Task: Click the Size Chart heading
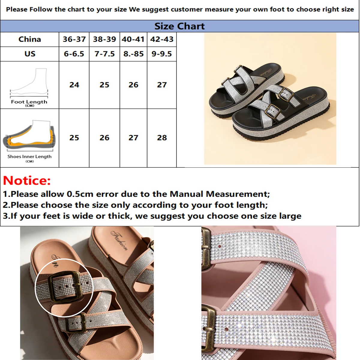click(x=179, y=26)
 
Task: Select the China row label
click(x=30, y=39)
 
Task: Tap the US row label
click(x=30, y=54)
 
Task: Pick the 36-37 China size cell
click(x=74, y=39)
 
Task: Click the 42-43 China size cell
click(x=162, y=39)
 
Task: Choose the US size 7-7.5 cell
click(x=104, y=54)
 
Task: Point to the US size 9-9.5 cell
click(x=162, y=54)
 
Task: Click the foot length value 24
click(x=74, y=85)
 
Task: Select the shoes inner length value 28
click(x=162, y=138)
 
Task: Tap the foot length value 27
click(x=162, y=85)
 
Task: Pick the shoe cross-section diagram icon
click(x=29, y=136)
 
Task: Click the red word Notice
click(x=27, y=181)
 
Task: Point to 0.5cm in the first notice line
click(x=80, y=194)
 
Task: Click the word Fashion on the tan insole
click(x=120, y=240)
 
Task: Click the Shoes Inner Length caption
click(x=29, y=157)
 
